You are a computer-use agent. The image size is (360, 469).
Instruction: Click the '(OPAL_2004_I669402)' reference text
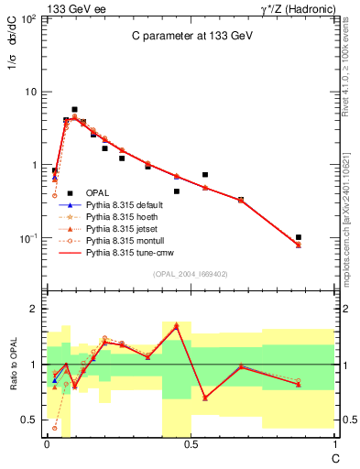(190, 274)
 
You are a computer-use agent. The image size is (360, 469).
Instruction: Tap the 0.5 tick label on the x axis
(189, 442)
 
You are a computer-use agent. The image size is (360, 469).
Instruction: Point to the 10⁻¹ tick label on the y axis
(27, 238)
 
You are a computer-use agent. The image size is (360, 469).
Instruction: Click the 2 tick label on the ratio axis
(32, 310)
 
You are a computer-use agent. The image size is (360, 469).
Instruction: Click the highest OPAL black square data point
(74, 109)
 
